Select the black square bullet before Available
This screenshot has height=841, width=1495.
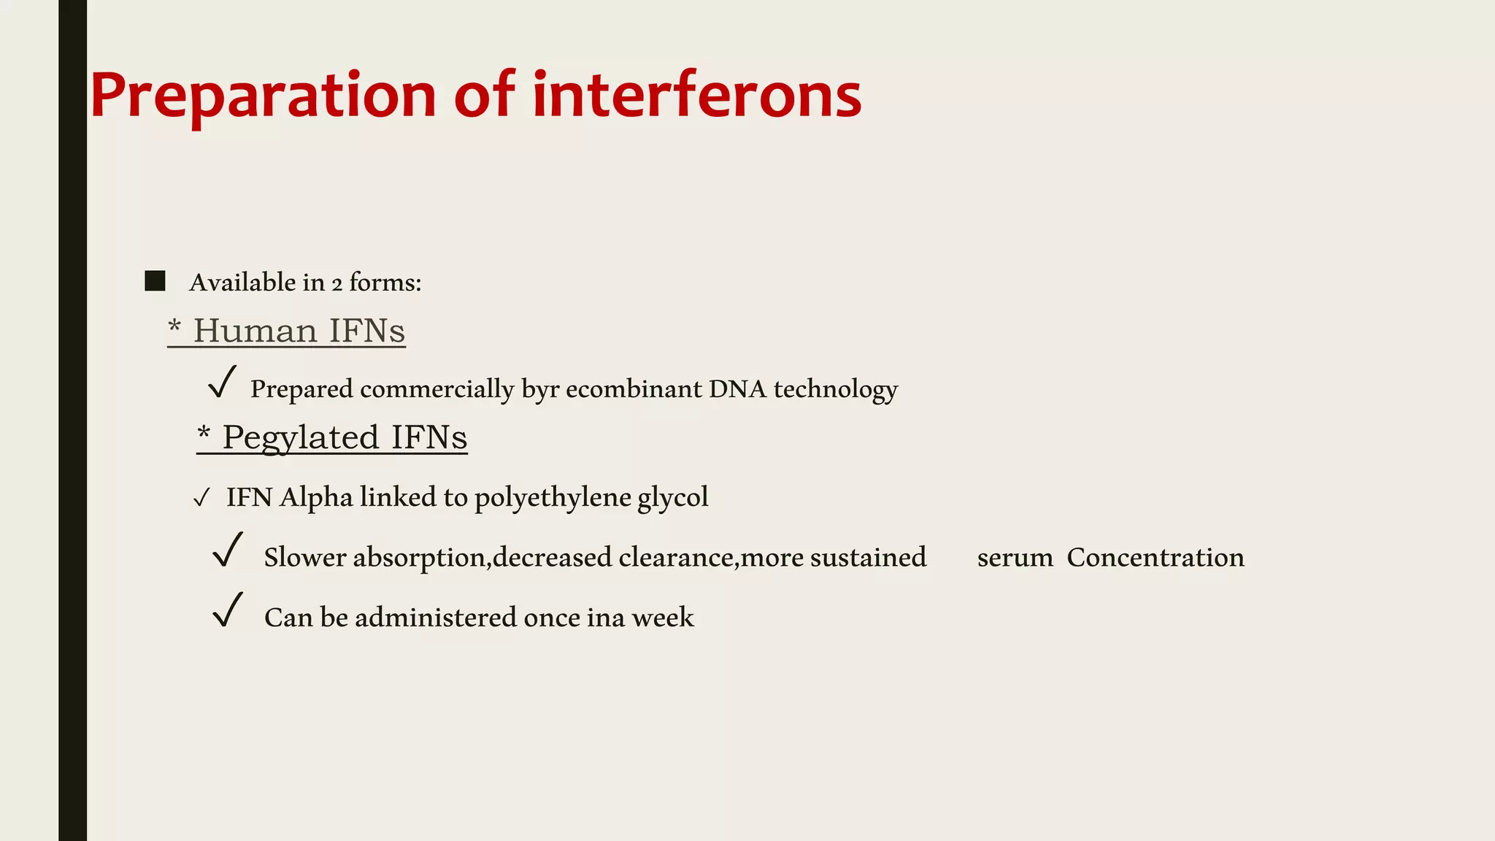[x=155, y=281]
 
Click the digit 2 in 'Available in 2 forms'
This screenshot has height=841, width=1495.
[x=337, y=284]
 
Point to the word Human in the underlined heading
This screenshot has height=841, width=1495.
[x=255, y=331]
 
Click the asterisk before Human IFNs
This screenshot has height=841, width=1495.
[x=174, y=326]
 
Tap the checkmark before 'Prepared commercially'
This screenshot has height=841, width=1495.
[x=222, y=382]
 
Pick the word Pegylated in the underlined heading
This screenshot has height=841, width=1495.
[x=300, y=438]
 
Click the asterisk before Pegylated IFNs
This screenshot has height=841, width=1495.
[x=204, y=433]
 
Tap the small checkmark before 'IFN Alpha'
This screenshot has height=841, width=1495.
[x=201, y=499]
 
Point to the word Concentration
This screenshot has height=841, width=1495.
[x=1155, y=558]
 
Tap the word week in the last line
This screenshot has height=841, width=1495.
[x=663, y=618]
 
